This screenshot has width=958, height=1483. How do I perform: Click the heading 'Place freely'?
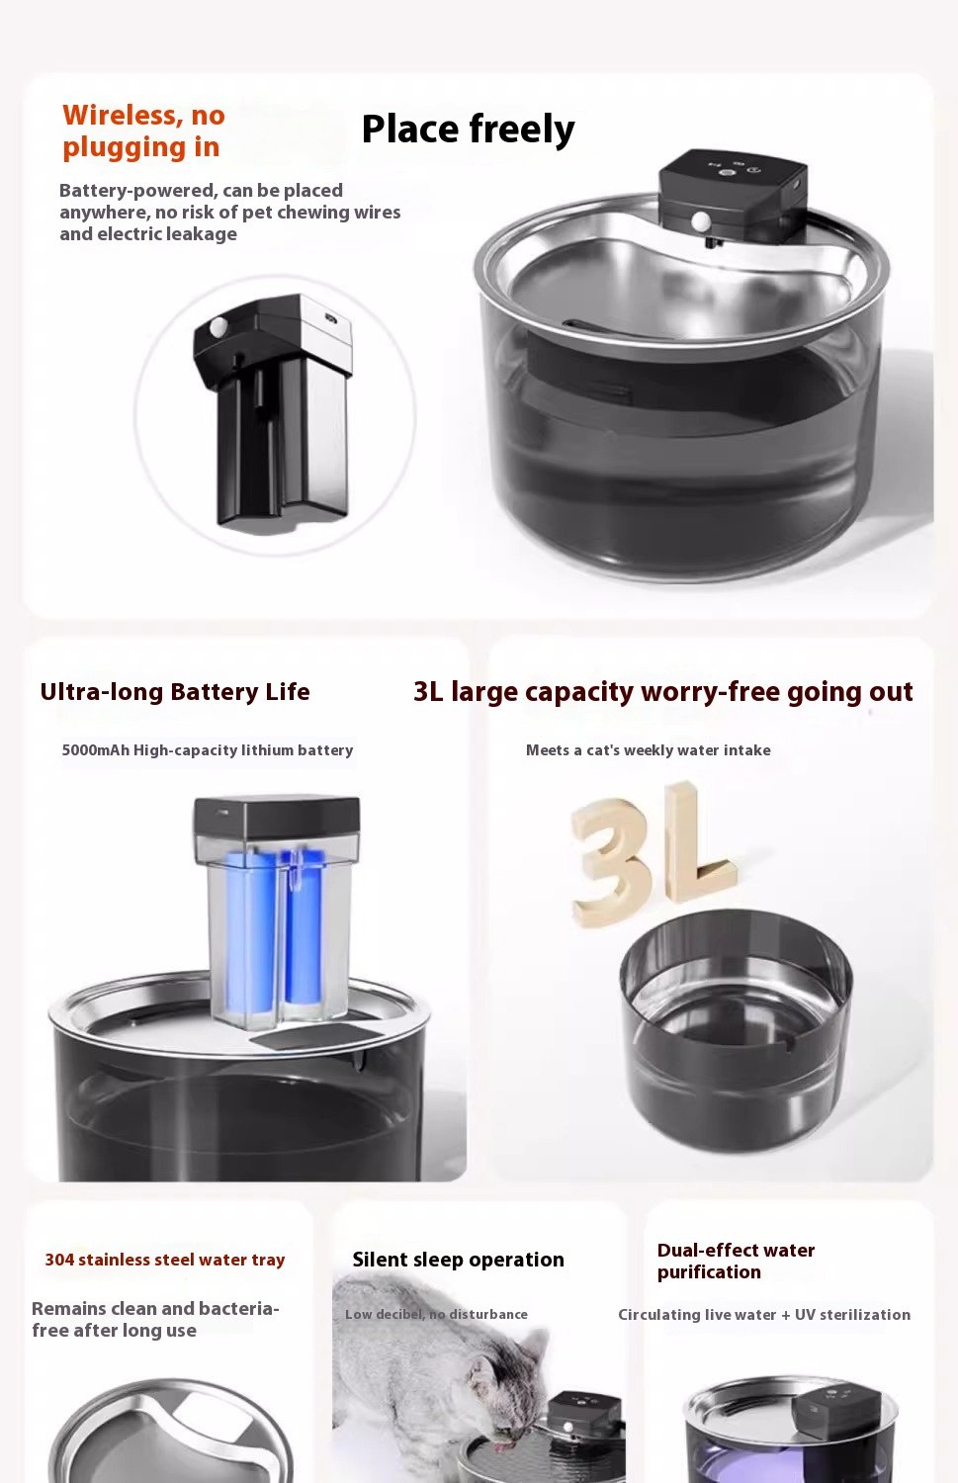click(468, 130)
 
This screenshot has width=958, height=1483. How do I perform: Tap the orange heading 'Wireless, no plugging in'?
click(143, 131)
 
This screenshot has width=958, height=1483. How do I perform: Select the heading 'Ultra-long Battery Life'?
click(175, 692)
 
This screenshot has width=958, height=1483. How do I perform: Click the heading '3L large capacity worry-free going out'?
click(662, 692)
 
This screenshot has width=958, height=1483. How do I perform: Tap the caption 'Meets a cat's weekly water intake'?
click(649, 750)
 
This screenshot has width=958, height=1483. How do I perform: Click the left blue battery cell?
click(250, 934)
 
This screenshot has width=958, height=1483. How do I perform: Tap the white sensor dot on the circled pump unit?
click(218, 326)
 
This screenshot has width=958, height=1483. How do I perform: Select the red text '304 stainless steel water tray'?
click(165, 1260)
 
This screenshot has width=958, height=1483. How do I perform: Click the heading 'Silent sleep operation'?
click(458, 1260)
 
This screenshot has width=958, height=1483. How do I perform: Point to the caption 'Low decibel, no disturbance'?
click(436, 1314)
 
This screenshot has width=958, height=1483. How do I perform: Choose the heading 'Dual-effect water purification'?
click(736, 1261)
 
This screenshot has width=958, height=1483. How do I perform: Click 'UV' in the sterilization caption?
click(805, 1314)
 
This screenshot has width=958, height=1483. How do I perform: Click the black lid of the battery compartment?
click(277, 820)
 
